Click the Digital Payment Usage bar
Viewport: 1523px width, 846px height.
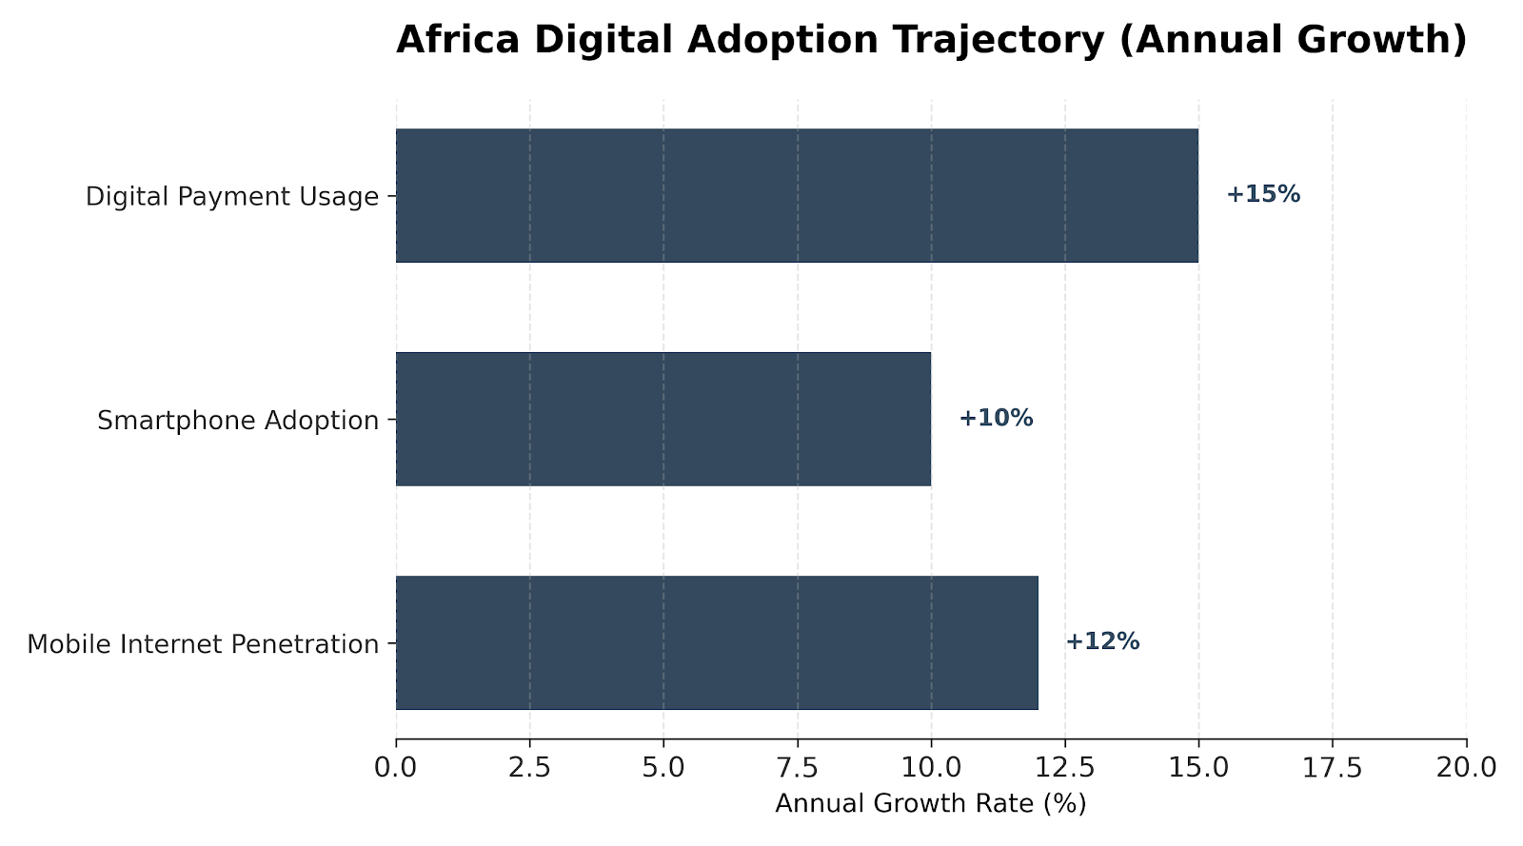point(797,195)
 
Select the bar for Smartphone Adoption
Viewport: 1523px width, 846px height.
point(663,419)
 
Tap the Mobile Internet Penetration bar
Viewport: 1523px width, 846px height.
point(717,642)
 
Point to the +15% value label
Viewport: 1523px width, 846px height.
point(1262,194)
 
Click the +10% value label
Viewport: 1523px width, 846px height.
point(995,418)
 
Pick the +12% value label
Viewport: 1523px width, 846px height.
point(1101,641)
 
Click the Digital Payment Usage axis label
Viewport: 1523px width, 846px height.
point(232,197)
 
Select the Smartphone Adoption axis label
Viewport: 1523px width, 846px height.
point(238,421)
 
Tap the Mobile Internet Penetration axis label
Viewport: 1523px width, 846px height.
point(203,644)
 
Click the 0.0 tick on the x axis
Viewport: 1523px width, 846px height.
point(396,766)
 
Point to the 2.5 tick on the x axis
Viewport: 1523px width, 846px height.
point(530,766)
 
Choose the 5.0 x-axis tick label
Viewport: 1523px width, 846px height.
point(663,766)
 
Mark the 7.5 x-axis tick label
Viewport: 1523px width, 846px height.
point(798,766)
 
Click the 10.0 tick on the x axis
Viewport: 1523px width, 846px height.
point(931,766)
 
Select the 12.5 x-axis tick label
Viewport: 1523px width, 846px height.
point(1065,766)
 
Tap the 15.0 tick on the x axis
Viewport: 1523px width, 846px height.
point(1198,766)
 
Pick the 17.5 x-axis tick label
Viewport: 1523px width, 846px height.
point(1333,766)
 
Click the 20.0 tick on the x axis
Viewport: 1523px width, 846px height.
point(1466,766)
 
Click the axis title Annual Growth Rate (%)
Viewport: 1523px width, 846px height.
point(930,804)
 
